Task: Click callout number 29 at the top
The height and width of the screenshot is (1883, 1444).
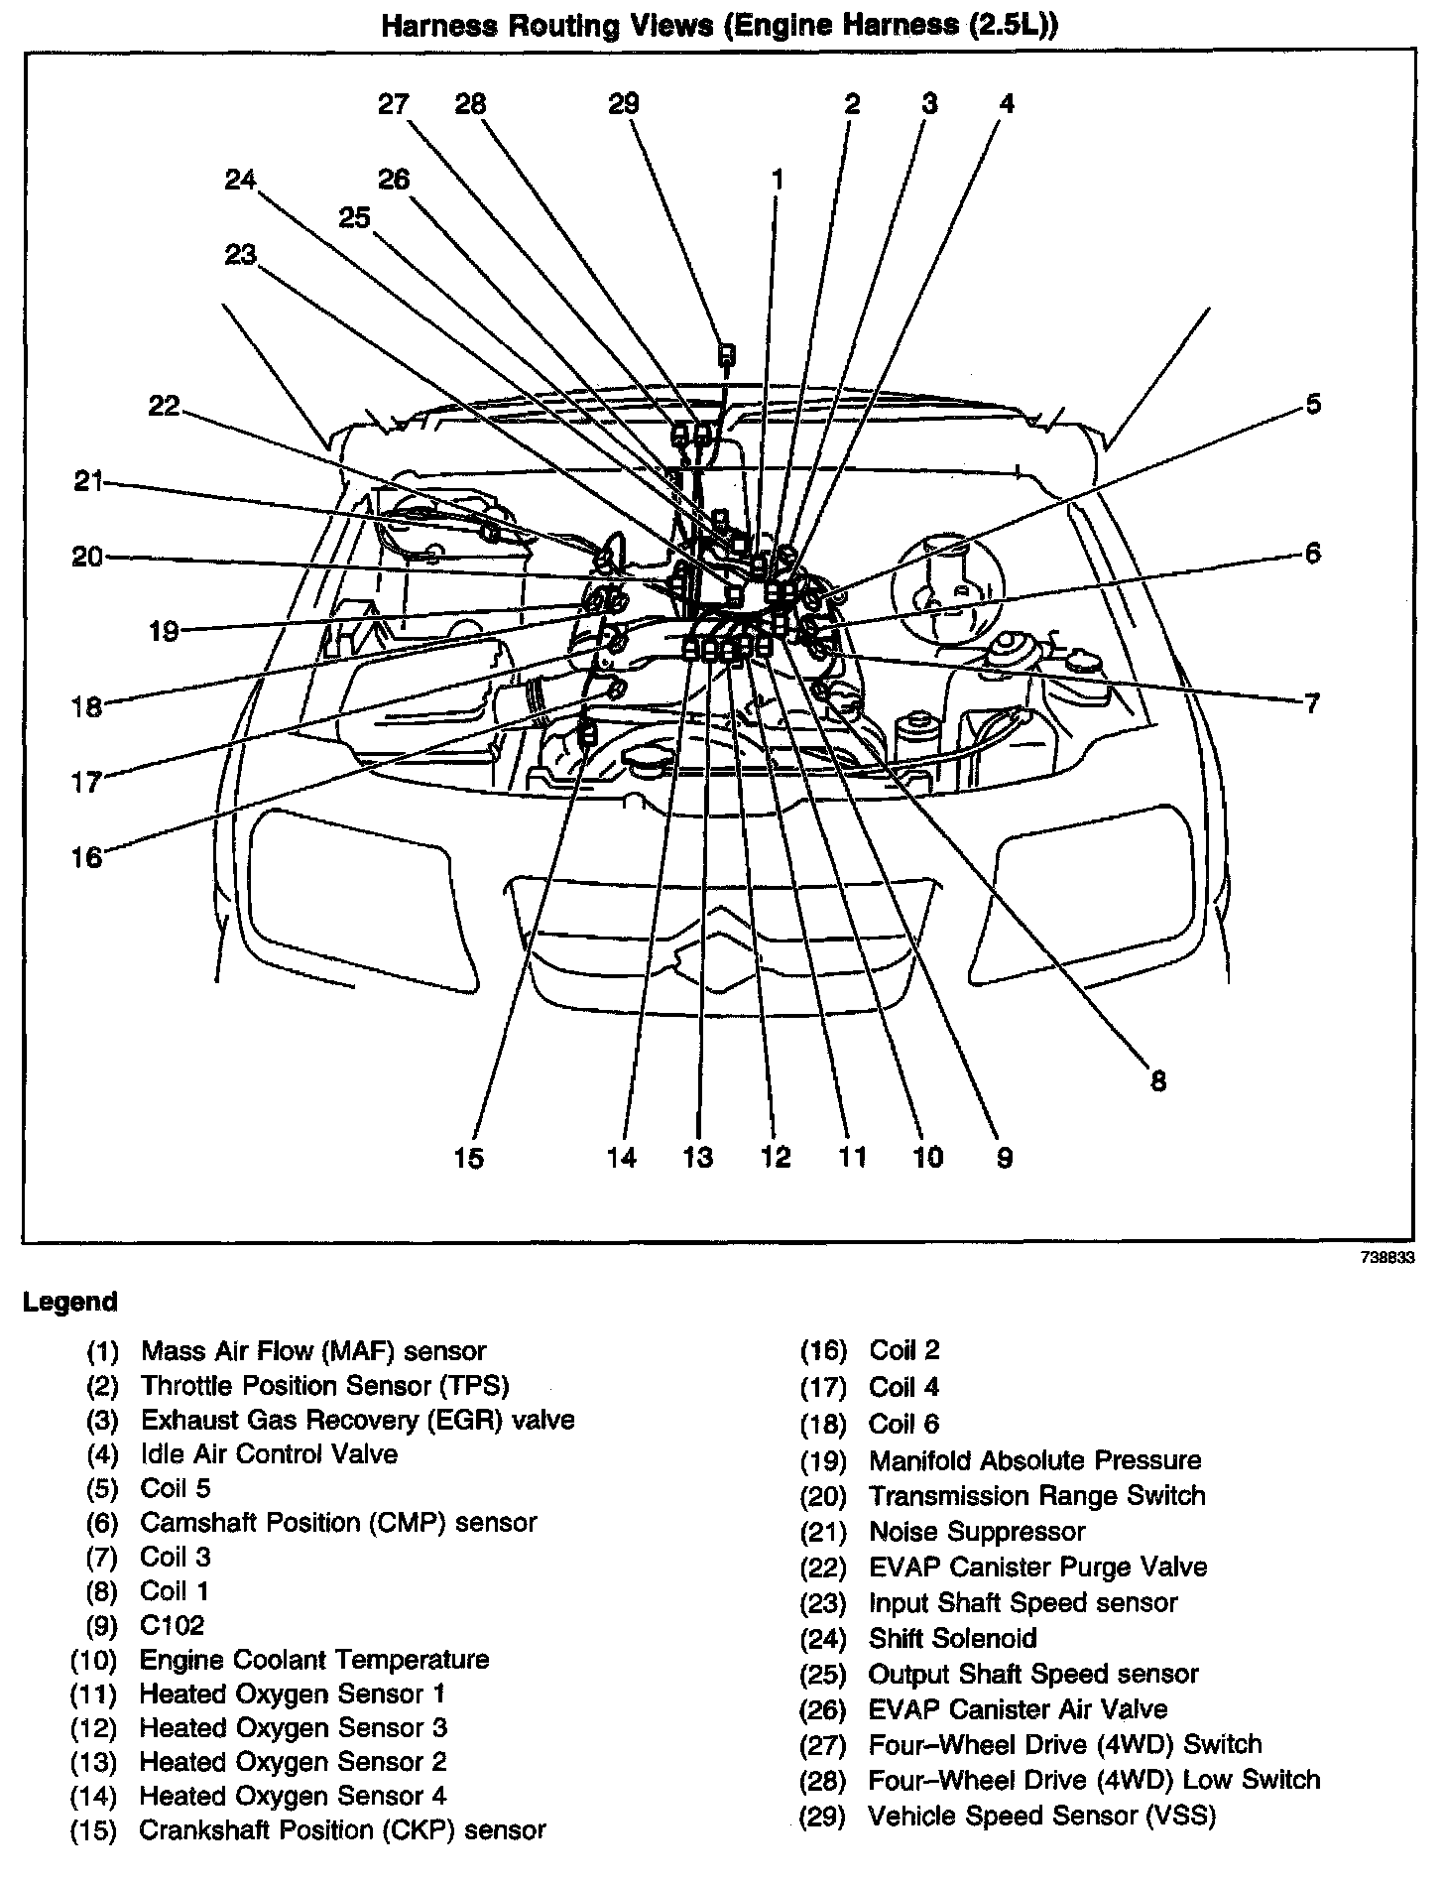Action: (x=623, y=104)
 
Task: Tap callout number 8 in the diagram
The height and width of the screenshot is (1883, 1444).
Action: (x=1157, y=1080)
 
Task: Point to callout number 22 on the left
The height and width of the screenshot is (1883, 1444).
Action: (x=164, y=406)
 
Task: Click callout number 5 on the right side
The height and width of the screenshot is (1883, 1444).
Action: (x=1312, y=405)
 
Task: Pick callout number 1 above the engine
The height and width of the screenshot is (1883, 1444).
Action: (x=778, y=180)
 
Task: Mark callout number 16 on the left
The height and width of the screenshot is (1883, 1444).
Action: (x=86, y=856)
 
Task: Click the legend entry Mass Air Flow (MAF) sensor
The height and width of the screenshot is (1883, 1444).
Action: (x=313, y=1350)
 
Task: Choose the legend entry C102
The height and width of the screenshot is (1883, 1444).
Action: (x=173, y=1624)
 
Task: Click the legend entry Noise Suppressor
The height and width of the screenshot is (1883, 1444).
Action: (x=977, y=1531)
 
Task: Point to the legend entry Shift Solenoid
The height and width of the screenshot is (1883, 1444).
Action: (x=952, y=1638)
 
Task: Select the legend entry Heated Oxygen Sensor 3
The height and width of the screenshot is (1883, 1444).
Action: (x=294, y=1727)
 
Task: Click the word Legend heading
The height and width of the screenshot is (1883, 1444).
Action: (x=69, y=1302)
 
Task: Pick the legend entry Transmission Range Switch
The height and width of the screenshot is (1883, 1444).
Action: (x=1036, y=1495)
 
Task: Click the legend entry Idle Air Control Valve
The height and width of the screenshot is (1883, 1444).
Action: (x=269, y=1454)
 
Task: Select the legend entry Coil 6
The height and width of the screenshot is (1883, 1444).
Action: (x=903, y=1424)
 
